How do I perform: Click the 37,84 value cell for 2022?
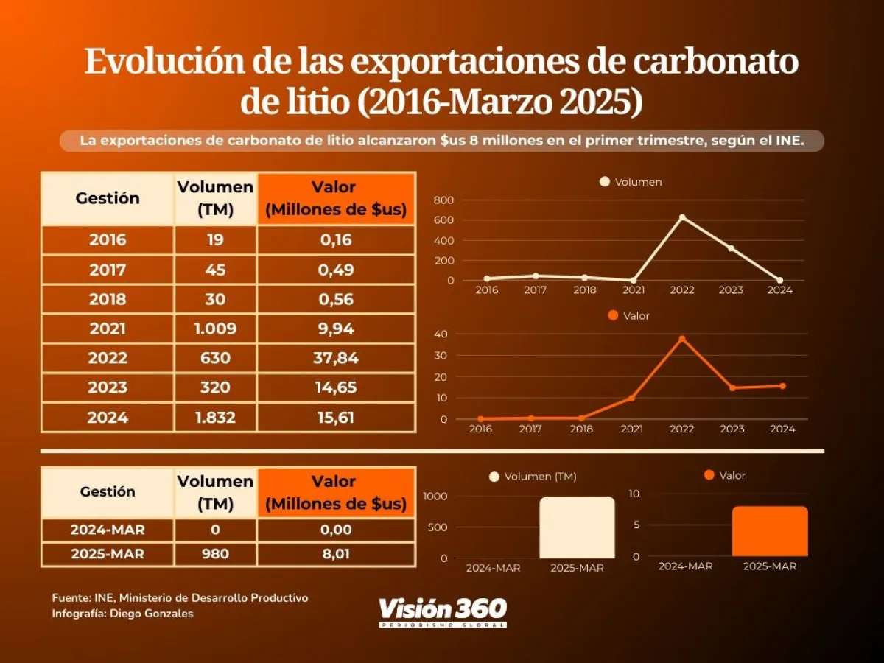pos(336,358)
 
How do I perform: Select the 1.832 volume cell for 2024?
pos(215,418)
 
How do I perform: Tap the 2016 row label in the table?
pos(108,240)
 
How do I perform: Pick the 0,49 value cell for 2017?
pos(336,270)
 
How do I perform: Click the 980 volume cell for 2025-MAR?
pos(215,554)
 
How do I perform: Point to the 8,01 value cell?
pos(336,554)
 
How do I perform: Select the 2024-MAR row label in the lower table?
pos(108,530)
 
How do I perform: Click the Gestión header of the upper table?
pos(108,198)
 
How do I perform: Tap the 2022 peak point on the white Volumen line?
pos(682,217)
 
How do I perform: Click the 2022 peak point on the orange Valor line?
pos(682,339)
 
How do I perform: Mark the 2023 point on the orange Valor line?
pos(732,388)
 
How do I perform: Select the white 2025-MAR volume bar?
pos(577,527)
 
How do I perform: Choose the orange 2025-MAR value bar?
pos(770,531)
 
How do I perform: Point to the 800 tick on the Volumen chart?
pos(443,200)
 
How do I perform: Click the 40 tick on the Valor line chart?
pos(441,334)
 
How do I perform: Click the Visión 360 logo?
pos(443,611)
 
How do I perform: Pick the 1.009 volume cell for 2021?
pos(215,329)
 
